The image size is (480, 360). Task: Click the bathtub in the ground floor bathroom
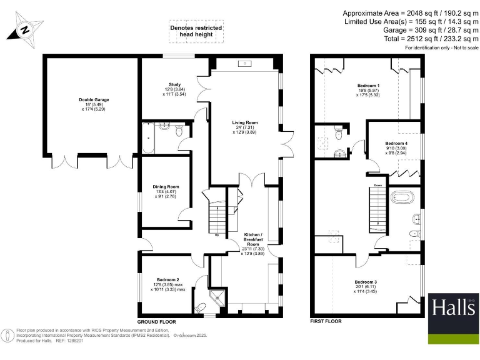[147, 137]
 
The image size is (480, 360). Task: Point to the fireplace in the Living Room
[246, 64]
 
